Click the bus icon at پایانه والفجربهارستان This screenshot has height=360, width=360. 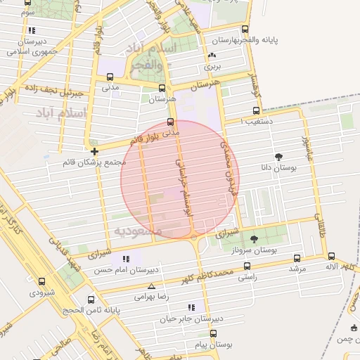point(245,29)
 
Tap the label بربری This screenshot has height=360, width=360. point(212,67)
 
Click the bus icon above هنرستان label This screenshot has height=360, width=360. point(162,89)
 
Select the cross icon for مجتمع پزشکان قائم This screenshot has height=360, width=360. point(94,150)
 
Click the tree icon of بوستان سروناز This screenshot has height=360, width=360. point(254,239)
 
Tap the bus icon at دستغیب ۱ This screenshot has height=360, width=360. point(256,110)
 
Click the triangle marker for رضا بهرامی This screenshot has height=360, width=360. point(151,285)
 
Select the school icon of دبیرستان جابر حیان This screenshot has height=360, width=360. point(191,307)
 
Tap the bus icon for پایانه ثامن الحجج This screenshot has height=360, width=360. point(90,299)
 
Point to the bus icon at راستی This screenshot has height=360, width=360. point(246,266)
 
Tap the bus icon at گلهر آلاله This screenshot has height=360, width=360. point(332,257)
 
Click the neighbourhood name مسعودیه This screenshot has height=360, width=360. point(138,231)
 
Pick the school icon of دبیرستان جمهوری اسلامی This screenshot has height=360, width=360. point(31,30)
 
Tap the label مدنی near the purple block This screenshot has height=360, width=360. point(111,88)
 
